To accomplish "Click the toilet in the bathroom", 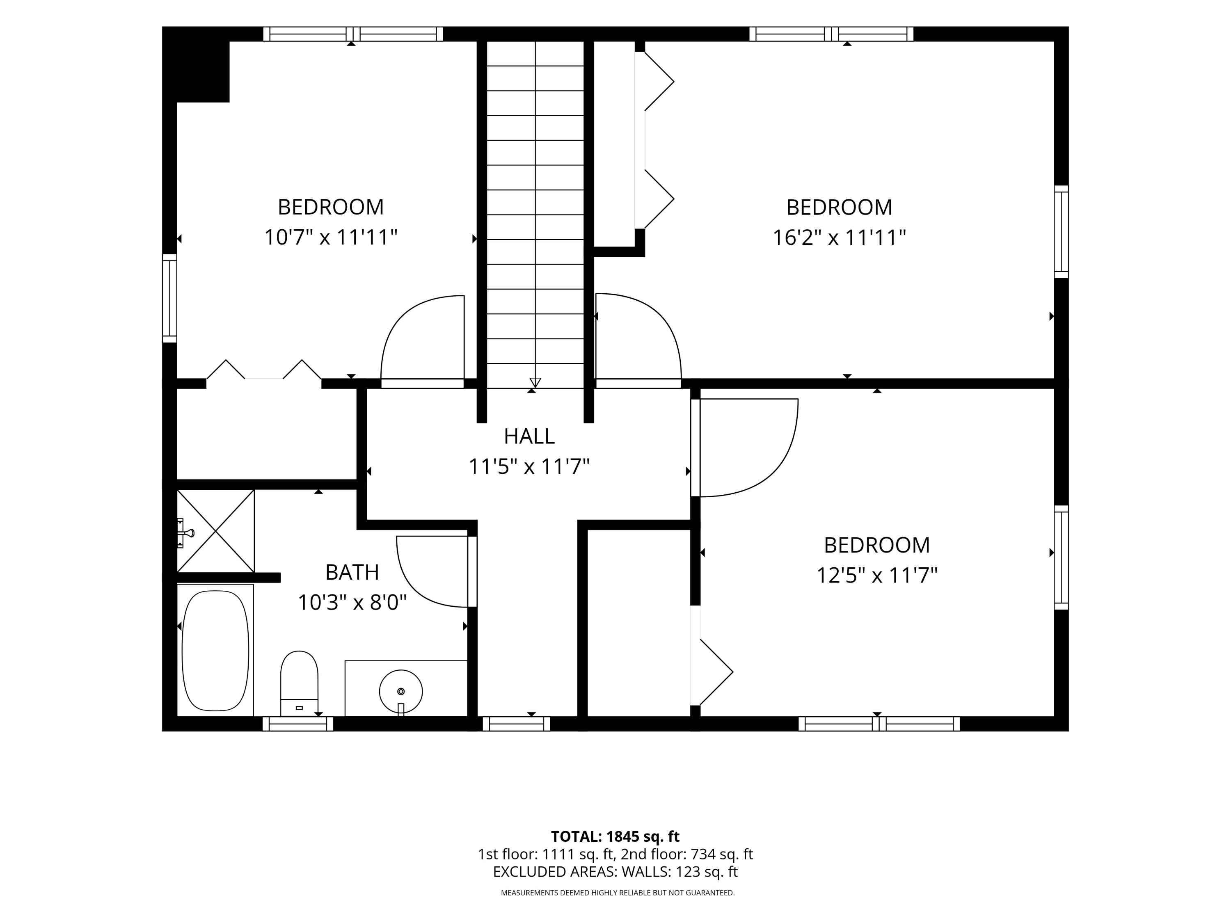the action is [299, 683].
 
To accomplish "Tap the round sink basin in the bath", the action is [400, 692].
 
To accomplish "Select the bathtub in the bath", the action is [215, 650].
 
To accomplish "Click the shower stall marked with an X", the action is [215, 531].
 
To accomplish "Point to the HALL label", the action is [529, 436].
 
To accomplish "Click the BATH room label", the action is [352, 572].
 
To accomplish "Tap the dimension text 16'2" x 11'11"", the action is [839, 238].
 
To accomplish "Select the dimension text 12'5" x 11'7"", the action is [877, 575].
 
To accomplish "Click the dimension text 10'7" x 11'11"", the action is [331, 237].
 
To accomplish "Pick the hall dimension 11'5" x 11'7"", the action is [529, 466].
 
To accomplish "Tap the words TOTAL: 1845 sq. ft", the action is [615, 836].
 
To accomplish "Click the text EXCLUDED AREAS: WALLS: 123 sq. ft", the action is [615, 872].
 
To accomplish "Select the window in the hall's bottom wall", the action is [517, 724].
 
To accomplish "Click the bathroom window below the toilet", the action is [298, 724].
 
